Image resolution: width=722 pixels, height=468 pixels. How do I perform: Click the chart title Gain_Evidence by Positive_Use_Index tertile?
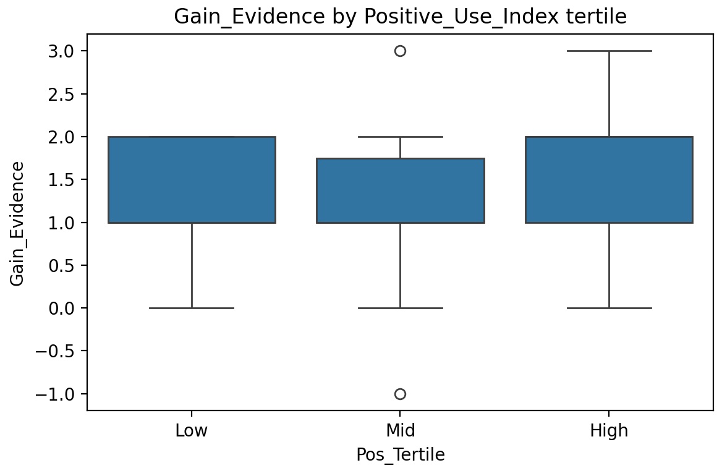point(400,17)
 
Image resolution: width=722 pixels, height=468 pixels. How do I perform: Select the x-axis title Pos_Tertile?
point(400,454)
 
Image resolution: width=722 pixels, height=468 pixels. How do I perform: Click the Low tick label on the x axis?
point(192,431)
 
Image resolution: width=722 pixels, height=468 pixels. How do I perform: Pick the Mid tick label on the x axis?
point(400,431)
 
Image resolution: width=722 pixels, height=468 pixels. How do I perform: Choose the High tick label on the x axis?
point(609,431)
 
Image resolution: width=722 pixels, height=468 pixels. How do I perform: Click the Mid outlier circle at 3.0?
point(400,51)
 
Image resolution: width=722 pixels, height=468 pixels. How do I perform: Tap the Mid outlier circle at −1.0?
point(400,394)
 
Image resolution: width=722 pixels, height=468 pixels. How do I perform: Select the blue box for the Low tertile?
point(192,179)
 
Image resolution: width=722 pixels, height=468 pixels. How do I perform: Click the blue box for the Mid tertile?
point(400,190)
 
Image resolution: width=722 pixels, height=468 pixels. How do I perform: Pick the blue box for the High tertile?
point(609,179)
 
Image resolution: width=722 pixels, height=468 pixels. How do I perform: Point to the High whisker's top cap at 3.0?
point(609,51)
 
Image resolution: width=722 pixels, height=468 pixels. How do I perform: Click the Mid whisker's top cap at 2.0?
point(400,137)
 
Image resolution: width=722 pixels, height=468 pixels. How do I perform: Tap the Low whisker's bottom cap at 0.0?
point(192,308)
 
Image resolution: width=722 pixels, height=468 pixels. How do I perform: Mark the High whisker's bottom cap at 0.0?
point(609,308)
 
